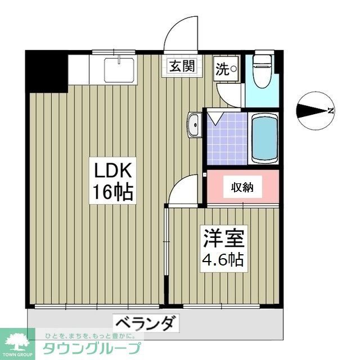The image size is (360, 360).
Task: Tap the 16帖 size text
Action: coord(112,193)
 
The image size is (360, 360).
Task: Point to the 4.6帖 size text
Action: coord(224,259)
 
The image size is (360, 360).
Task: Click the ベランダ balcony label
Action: coord(148,323)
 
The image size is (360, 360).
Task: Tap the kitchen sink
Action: coord(118,70)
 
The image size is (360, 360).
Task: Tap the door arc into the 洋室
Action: coord(183,191)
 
